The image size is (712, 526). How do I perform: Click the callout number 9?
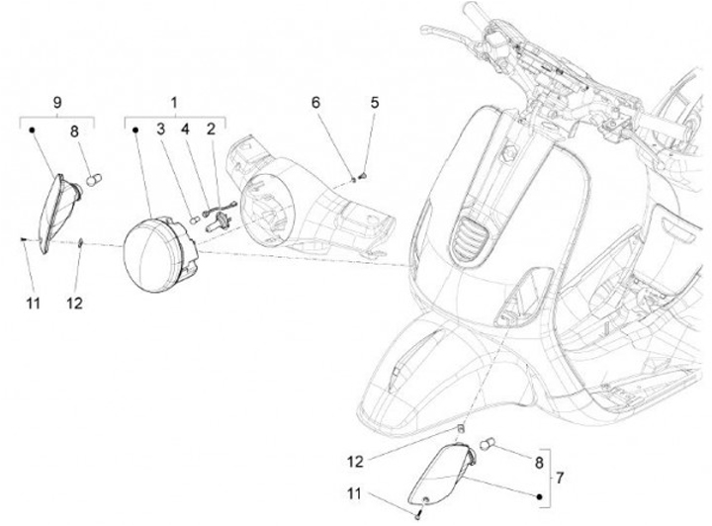pyautogui.click(x=57, y=103)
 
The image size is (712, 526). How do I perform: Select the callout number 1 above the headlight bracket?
pyautogui.click(x=174, y=103)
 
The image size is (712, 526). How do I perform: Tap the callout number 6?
pyautogui.click(x=315, y=103)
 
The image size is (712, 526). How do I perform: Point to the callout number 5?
pyautogui.click(x=374, y=103)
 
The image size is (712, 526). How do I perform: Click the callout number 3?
pyautogui.click(x=161, y=130)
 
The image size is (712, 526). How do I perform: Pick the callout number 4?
pyautogui.click(x=185, y=130)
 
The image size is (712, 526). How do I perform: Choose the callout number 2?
pyautogui.click(x=211, y=130)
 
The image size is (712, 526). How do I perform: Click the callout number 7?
pyautogui.click(x=560, y=478)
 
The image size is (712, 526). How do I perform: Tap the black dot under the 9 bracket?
pyautogui.click(x=32, y=131)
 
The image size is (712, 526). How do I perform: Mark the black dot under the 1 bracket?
pyautogui.click(x=134, y=131)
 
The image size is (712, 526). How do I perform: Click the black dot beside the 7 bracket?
pyautogui.click(x=540, y=497)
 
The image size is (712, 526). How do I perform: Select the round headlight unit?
pyautogui.click(x=161, y=254)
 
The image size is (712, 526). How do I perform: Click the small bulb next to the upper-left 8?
pyautogui.click(x=94, y=180)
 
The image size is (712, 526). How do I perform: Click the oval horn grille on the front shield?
pyautogui.click(x=470, y=237)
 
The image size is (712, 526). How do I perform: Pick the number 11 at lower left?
pyautogui.click(x=33, y=303)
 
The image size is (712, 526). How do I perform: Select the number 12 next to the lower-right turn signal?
pyautogui.click(x=355, y=462)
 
